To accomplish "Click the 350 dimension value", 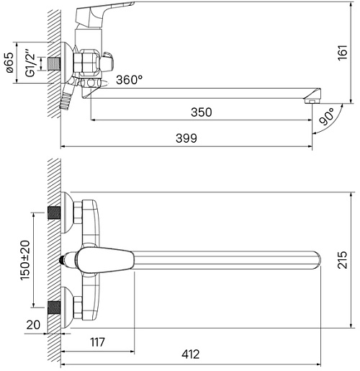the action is (202, 112).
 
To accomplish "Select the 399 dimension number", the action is (186, 138).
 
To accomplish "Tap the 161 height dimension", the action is (343, 53).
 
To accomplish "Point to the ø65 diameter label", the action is (10, 63).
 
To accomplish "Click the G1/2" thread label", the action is (31, 63).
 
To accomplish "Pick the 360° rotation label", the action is (130, 80).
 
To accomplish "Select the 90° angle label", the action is (327, 117).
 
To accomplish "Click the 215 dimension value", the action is (343, 260).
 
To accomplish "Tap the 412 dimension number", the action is (190, 354).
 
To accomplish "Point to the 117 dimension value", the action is (97, 342).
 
